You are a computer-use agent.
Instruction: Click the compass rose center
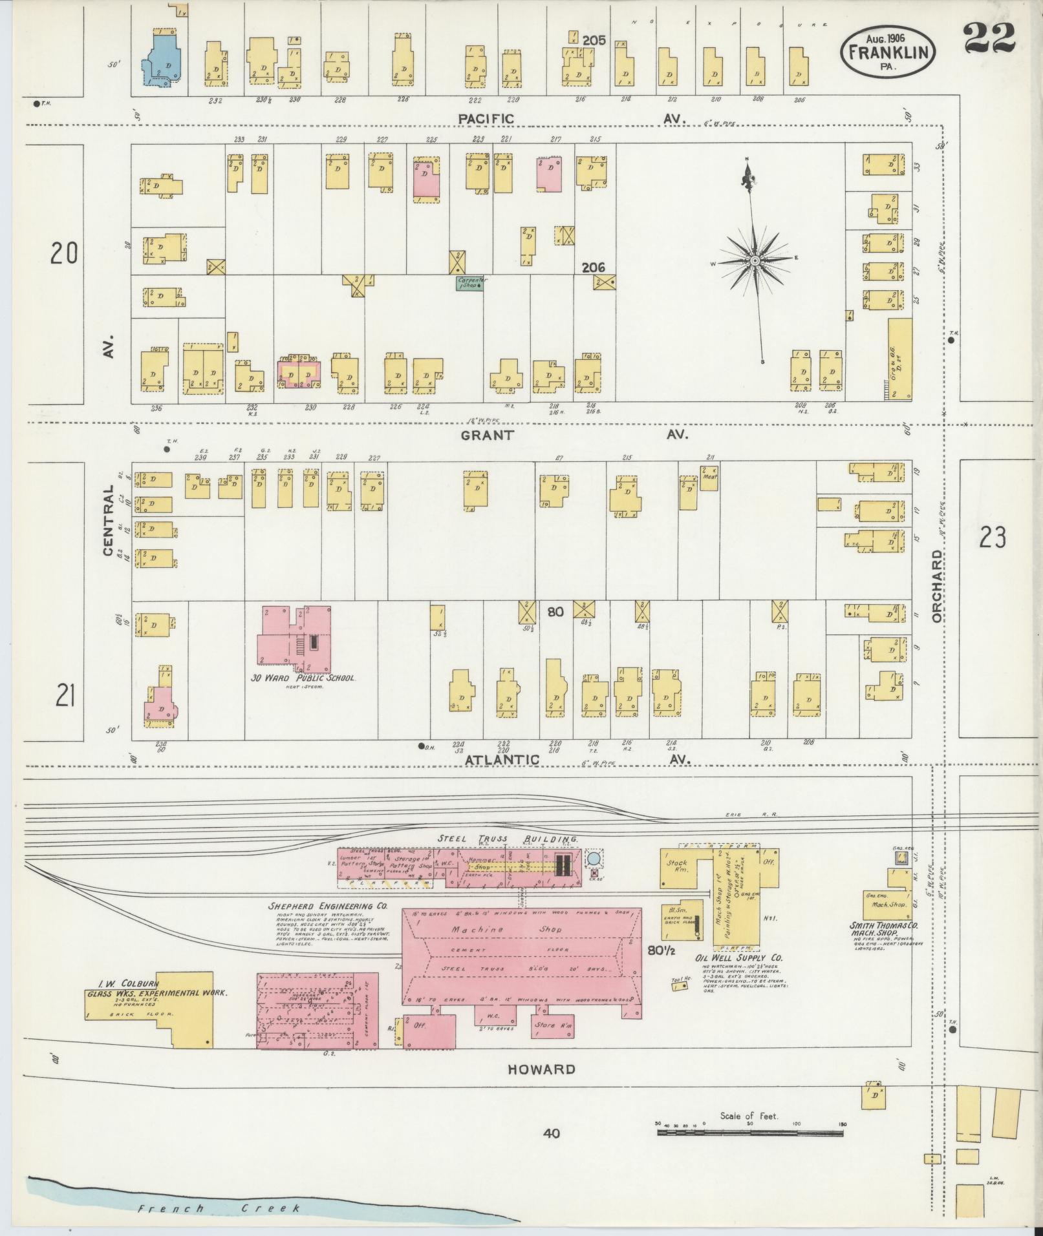click(755, 260)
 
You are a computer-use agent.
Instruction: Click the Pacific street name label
click(486, 119)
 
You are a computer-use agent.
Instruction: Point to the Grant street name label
click(487, 435)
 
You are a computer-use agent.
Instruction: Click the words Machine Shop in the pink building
click(516, 929)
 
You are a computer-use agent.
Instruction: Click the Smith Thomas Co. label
click(883, 925)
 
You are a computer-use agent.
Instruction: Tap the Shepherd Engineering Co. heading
click(327, 906)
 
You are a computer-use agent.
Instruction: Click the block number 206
click(593, 267)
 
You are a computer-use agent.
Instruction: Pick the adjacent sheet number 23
click(992, 537)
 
